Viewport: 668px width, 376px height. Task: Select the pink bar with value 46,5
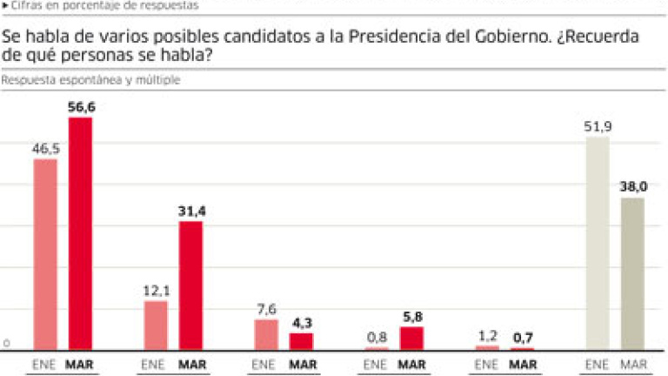pyautogui.click(x=45, y=254)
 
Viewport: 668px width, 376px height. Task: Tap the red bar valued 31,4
pyautogui.click(x=190, y=285)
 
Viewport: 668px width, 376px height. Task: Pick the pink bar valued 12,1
pyautogui.click(x=156, y=326)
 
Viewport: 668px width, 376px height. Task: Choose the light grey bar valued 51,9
pyautogui.click(x=598, y=243)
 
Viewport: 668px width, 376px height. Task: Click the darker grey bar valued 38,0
pyautogui.click(x=632, y=274)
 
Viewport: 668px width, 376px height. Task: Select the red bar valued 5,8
pyautogui.click(x=411, y=339)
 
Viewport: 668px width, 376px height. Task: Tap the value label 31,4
pyautogui.click(x=191, y=211)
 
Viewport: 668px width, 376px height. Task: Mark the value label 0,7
pyautogui.click(x=522, y=338)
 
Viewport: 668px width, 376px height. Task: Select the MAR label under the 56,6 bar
pyautogui.click(x=80, y=365)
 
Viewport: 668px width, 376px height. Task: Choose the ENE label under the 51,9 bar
pyautogui.click(x=598, y=365)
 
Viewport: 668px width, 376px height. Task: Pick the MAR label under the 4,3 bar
pyautogui.click(x=302, y=365)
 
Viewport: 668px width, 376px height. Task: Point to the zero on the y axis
pyautogui.click(x=5, y=344)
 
